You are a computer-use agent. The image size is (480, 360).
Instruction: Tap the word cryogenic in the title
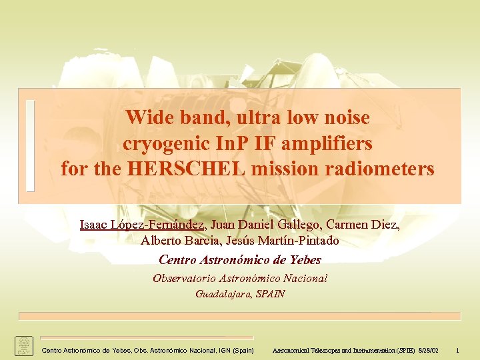[x=165, y=143]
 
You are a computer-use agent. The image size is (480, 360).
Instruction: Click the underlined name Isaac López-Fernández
[x=141, y=225]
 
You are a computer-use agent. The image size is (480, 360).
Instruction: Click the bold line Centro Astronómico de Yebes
[x=240, y=260]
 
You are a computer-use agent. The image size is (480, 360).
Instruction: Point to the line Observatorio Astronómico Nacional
[x=240, y=279]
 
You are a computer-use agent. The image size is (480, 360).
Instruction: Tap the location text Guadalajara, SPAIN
[x=240, y=294]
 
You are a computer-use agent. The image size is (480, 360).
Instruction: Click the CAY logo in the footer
[x=24, y=346]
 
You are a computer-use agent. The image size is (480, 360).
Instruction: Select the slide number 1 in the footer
[x=458, y=350]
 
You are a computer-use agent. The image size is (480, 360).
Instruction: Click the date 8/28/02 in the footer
[x=431, y=350]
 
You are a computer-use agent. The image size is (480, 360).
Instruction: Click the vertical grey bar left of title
[x=29, y=146]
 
